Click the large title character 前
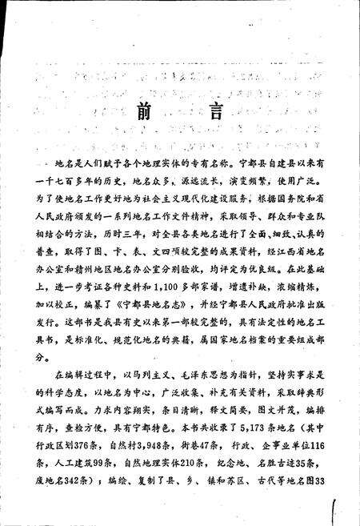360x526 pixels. point(142,110)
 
